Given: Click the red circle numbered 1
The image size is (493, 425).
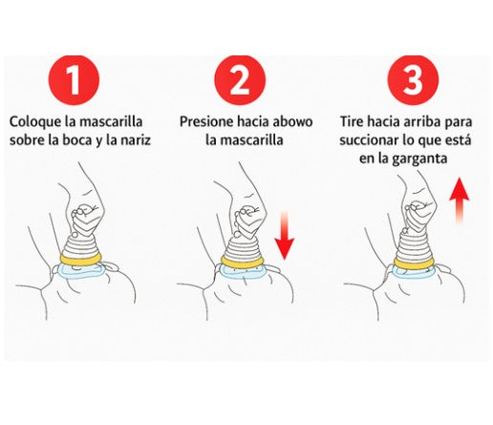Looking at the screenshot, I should [81, 79].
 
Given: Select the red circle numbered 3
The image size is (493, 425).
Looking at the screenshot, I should [412, 79].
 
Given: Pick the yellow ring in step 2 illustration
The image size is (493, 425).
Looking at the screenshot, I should [245, 259].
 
